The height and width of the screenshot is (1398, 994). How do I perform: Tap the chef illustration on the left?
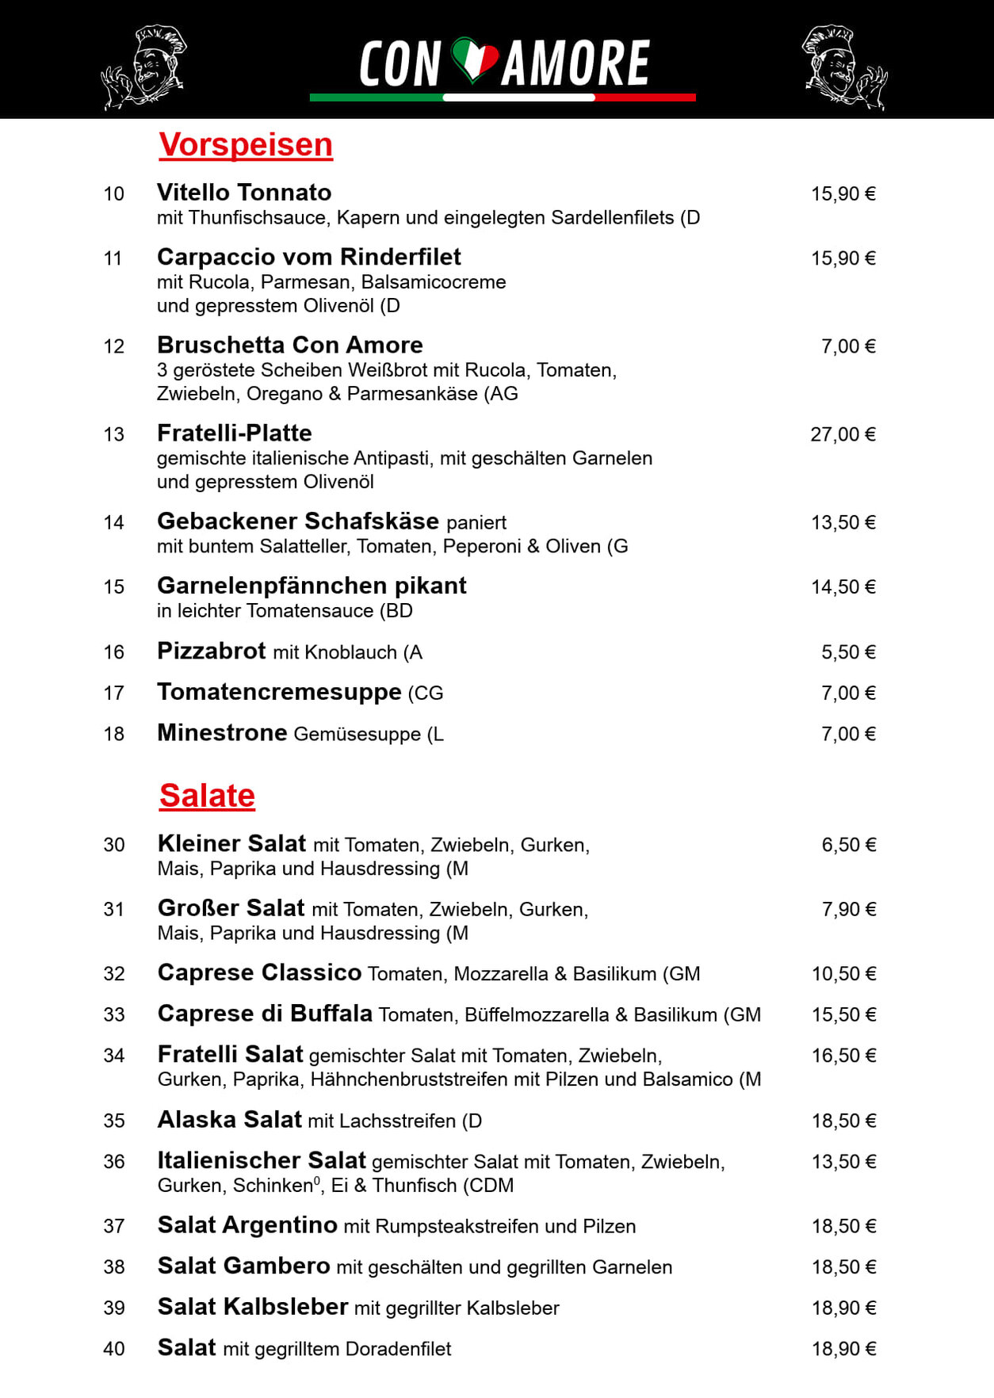click(x=143, y=67)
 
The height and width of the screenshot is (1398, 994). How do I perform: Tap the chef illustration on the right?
click(x=844, y=67)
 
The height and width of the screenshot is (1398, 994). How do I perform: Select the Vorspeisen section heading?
click(x=246, y=145)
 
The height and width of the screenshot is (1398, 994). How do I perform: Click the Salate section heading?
click(x=207, y=796)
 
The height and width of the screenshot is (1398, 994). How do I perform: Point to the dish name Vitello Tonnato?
click(x=244, y=193)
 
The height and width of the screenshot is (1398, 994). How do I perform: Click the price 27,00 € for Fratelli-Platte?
click(x=843, y=434)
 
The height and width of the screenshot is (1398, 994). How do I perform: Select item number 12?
click(x=114, y=346)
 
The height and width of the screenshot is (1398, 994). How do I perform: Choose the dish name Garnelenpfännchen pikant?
click(x=312, y=586)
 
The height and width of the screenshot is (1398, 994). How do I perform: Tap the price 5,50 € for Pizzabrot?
click(x=848, y=652)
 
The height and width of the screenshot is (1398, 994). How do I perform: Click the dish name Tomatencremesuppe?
click(x=279, y=692)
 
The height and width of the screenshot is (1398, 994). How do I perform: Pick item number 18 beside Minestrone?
click(x=114, y=734)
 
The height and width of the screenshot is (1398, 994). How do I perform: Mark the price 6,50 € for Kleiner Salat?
click(x=848, y=845)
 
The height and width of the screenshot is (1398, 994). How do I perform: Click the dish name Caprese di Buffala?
click(x=265, y=1014)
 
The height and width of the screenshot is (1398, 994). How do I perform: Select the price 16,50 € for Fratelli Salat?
click(x=843, y=1056)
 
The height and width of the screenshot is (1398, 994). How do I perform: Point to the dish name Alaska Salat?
click(x=230, y=1120)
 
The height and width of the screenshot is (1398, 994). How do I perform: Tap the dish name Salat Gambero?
click(x=243, y=1266)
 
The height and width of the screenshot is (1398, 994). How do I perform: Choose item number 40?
click(x=114, y=1349)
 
